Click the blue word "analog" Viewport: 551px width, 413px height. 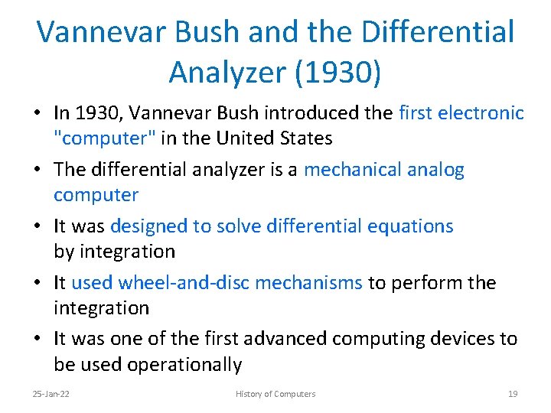[x=437, y=170]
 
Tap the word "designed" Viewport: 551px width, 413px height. [x=148, y=226]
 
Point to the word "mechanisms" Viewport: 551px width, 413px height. [x=308, y=283]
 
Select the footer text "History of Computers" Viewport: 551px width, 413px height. [x=275, y=394]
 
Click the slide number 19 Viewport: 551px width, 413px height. [x=513, y=394]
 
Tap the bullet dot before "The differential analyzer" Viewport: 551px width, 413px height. [x=38, y=171]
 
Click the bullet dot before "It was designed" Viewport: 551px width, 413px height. [x=38, y=227]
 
